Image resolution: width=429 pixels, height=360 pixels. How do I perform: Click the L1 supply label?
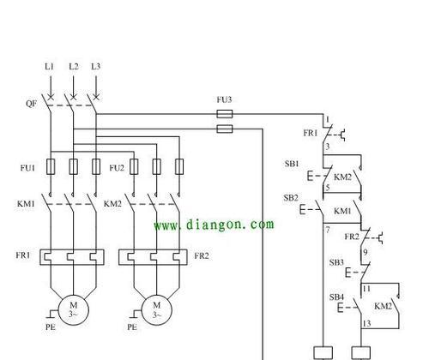click(49, 67)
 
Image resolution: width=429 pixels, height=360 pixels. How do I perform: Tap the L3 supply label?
click(96, 67)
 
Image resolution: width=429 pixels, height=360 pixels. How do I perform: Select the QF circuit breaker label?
click(31, 103)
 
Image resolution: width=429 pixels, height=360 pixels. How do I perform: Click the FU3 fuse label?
click(224, 99)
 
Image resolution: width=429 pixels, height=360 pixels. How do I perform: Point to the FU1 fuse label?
click(27, 168)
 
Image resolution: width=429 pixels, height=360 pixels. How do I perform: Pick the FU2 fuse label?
click(117, 168)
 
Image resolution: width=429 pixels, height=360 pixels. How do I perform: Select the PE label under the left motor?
click(51, 327)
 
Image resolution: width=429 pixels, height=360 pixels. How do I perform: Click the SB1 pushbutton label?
click(292, 164)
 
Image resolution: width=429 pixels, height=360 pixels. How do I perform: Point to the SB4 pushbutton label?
click(336, 297)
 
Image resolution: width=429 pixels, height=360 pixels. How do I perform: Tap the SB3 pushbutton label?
click(336, 262)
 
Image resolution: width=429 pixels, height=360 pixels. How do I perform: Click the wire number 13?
click(366, 323)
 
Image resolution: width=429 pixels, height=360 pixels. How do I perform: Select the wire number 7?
click(328, 230)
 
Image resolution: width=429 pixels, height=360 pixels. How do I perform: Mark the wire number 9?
click(366, 252)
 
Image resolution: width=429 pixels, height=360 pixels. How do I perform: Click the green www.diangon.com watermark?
click(214, 225)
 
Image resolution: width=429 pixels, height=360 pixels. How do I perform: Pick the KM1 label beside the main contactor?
click(26, 204)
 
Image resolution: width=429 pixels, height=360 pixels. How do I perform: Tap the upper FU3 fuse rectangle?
click(225, 114)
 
